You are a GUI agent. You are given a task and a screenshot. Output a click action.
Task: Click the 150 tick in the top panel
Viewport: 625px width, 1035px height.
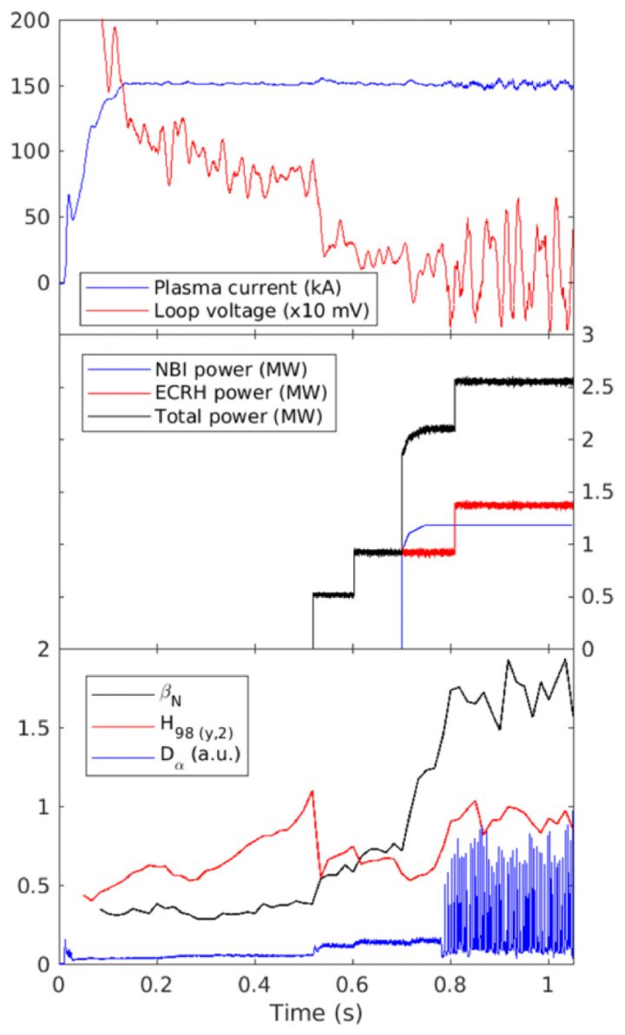pos(32,86)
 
